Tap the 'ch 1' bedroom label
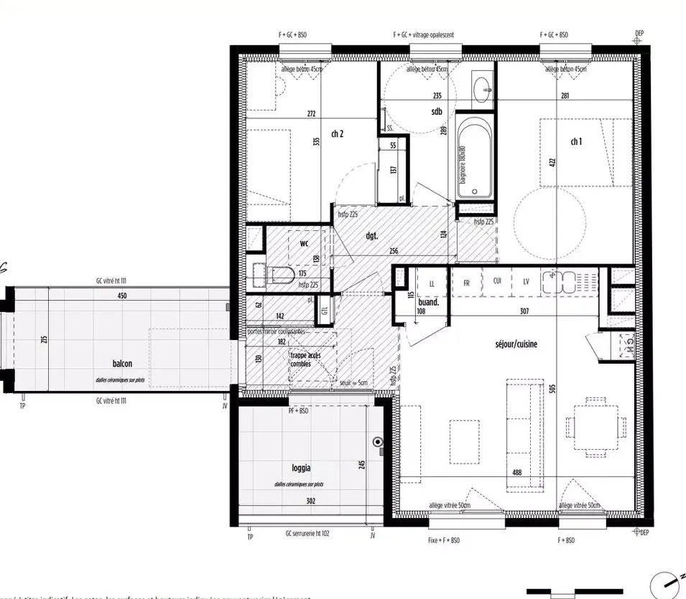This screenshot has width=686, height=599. coord(576,142)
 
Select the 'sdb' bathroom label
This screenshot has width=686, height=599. coord(436,111)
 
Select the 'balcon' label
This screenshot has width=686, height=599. coord(122,364)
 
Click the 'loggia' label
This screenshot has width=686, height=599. coord(302,468)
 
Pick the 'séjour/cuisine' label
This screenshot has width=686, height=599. coord(516,344)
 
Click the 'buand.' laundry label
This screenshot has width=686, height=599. coord(429,303)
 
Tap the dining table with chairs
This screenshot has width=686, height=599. coord(592,428)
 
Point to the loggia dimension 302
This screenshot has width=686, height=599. coord(310,501)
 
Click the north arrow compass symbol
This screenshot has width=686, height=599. coord(664,584)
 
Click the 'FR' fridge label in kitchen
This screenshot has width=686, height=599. coord(466,283)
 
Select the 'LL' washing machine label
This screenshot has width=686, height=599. coord(432,283)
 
